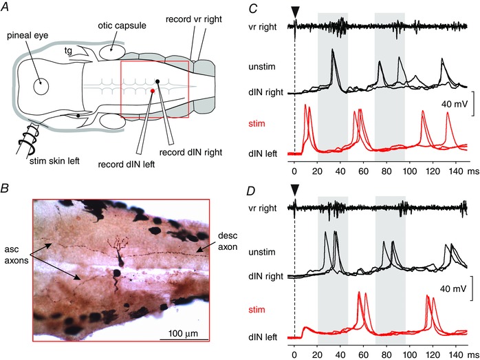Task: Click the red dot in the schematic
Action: pyautogui.click(x=153, y=90)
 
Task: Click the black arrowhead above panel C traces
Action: pyautogui.click(x=294, y=11)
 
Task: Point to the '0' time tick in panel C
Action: pyautogui.click(x=294, y=168)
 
